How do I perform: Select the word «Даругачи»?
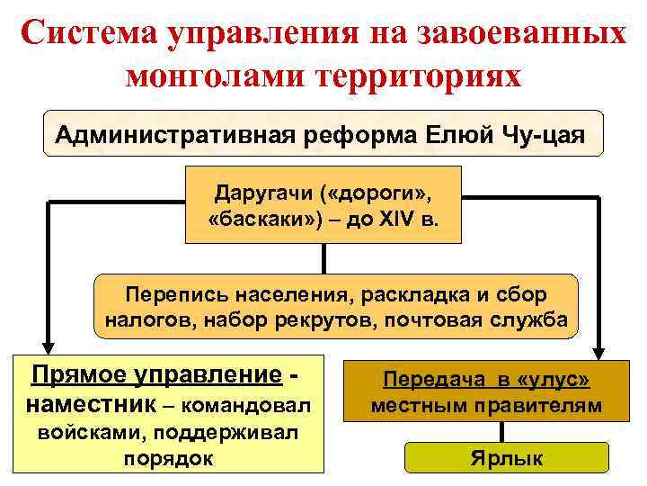pyautogui.click(x=256, y=193)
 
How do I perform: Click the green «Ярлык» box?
pyautogui.click(x=506, y=459)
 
